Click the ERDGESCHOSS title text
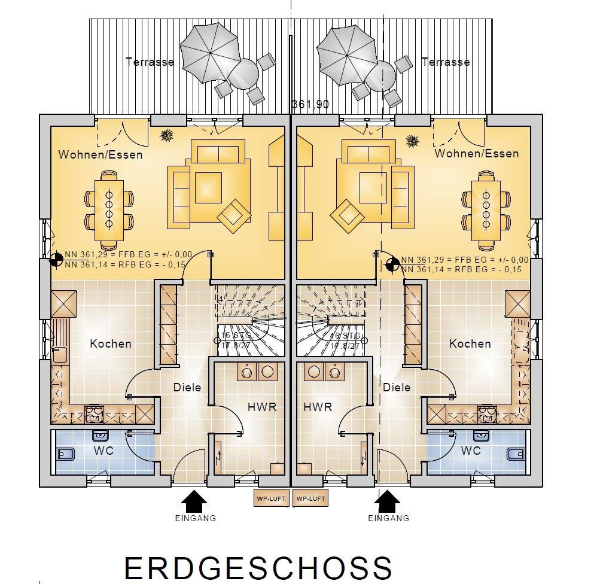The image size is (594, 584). point(258,568)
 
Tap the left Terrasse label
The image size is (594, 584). point(150,62)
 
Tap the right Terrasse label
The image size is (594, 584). point(446,62)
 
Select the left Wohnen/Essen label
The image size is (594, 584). point(100,154)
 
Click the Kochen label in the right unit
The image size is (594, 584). point(470,343)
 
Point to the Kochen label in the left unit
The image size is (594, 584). point(111,343)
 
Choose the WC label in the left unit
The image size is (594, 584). point(102,450)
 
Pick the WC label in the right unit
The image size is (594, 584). point(471,450)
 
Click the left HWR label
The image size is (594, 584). point(262,407)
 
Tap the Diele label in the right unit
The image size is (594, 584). point(397,387)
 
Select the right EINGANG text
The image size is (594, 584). point(389,518)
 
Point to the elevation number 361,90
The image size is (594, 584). point(310,105)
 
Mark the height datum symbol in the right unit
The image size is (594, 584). point(394,264)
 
